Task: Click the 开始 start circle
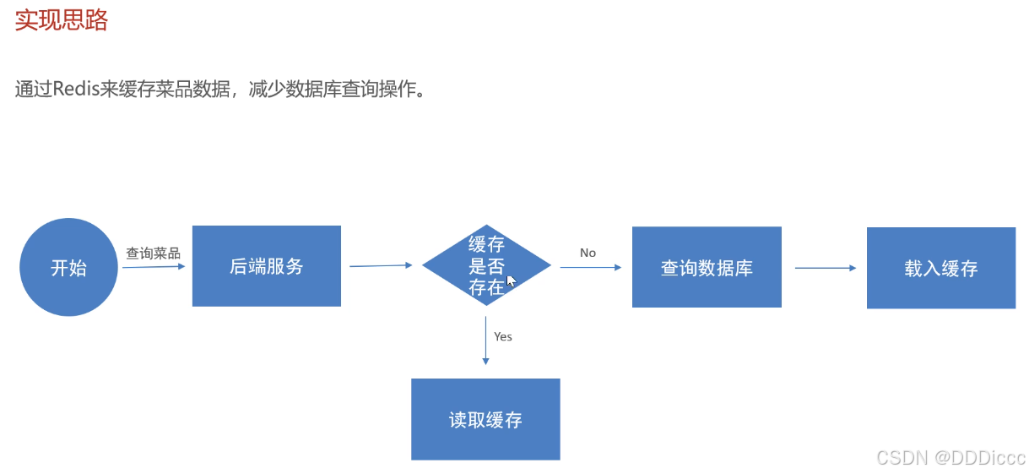[68, 268]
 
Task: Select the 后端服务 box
[266, 266]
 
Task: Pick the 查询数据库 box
[707, 268]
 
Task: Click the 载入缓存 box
[940, 268]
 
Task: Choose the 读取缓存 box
[485, 419]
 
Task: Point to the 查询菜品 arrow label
[153, 253]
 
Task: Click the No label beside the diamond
[588, 253]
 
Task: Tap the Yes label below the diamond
[503, 336]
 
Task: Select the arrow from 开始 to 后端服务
[154, 267]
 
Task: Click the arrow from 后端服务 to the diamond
[380, 265]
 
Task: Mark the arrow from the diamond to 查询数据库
[590, 267]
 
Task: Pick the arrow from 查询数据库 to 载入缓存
[825, 268]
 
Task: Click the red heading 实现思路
[61, 20]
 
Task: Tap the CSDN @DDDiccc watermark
[950, 458]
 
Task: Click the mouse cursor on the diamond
[511, 281]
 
